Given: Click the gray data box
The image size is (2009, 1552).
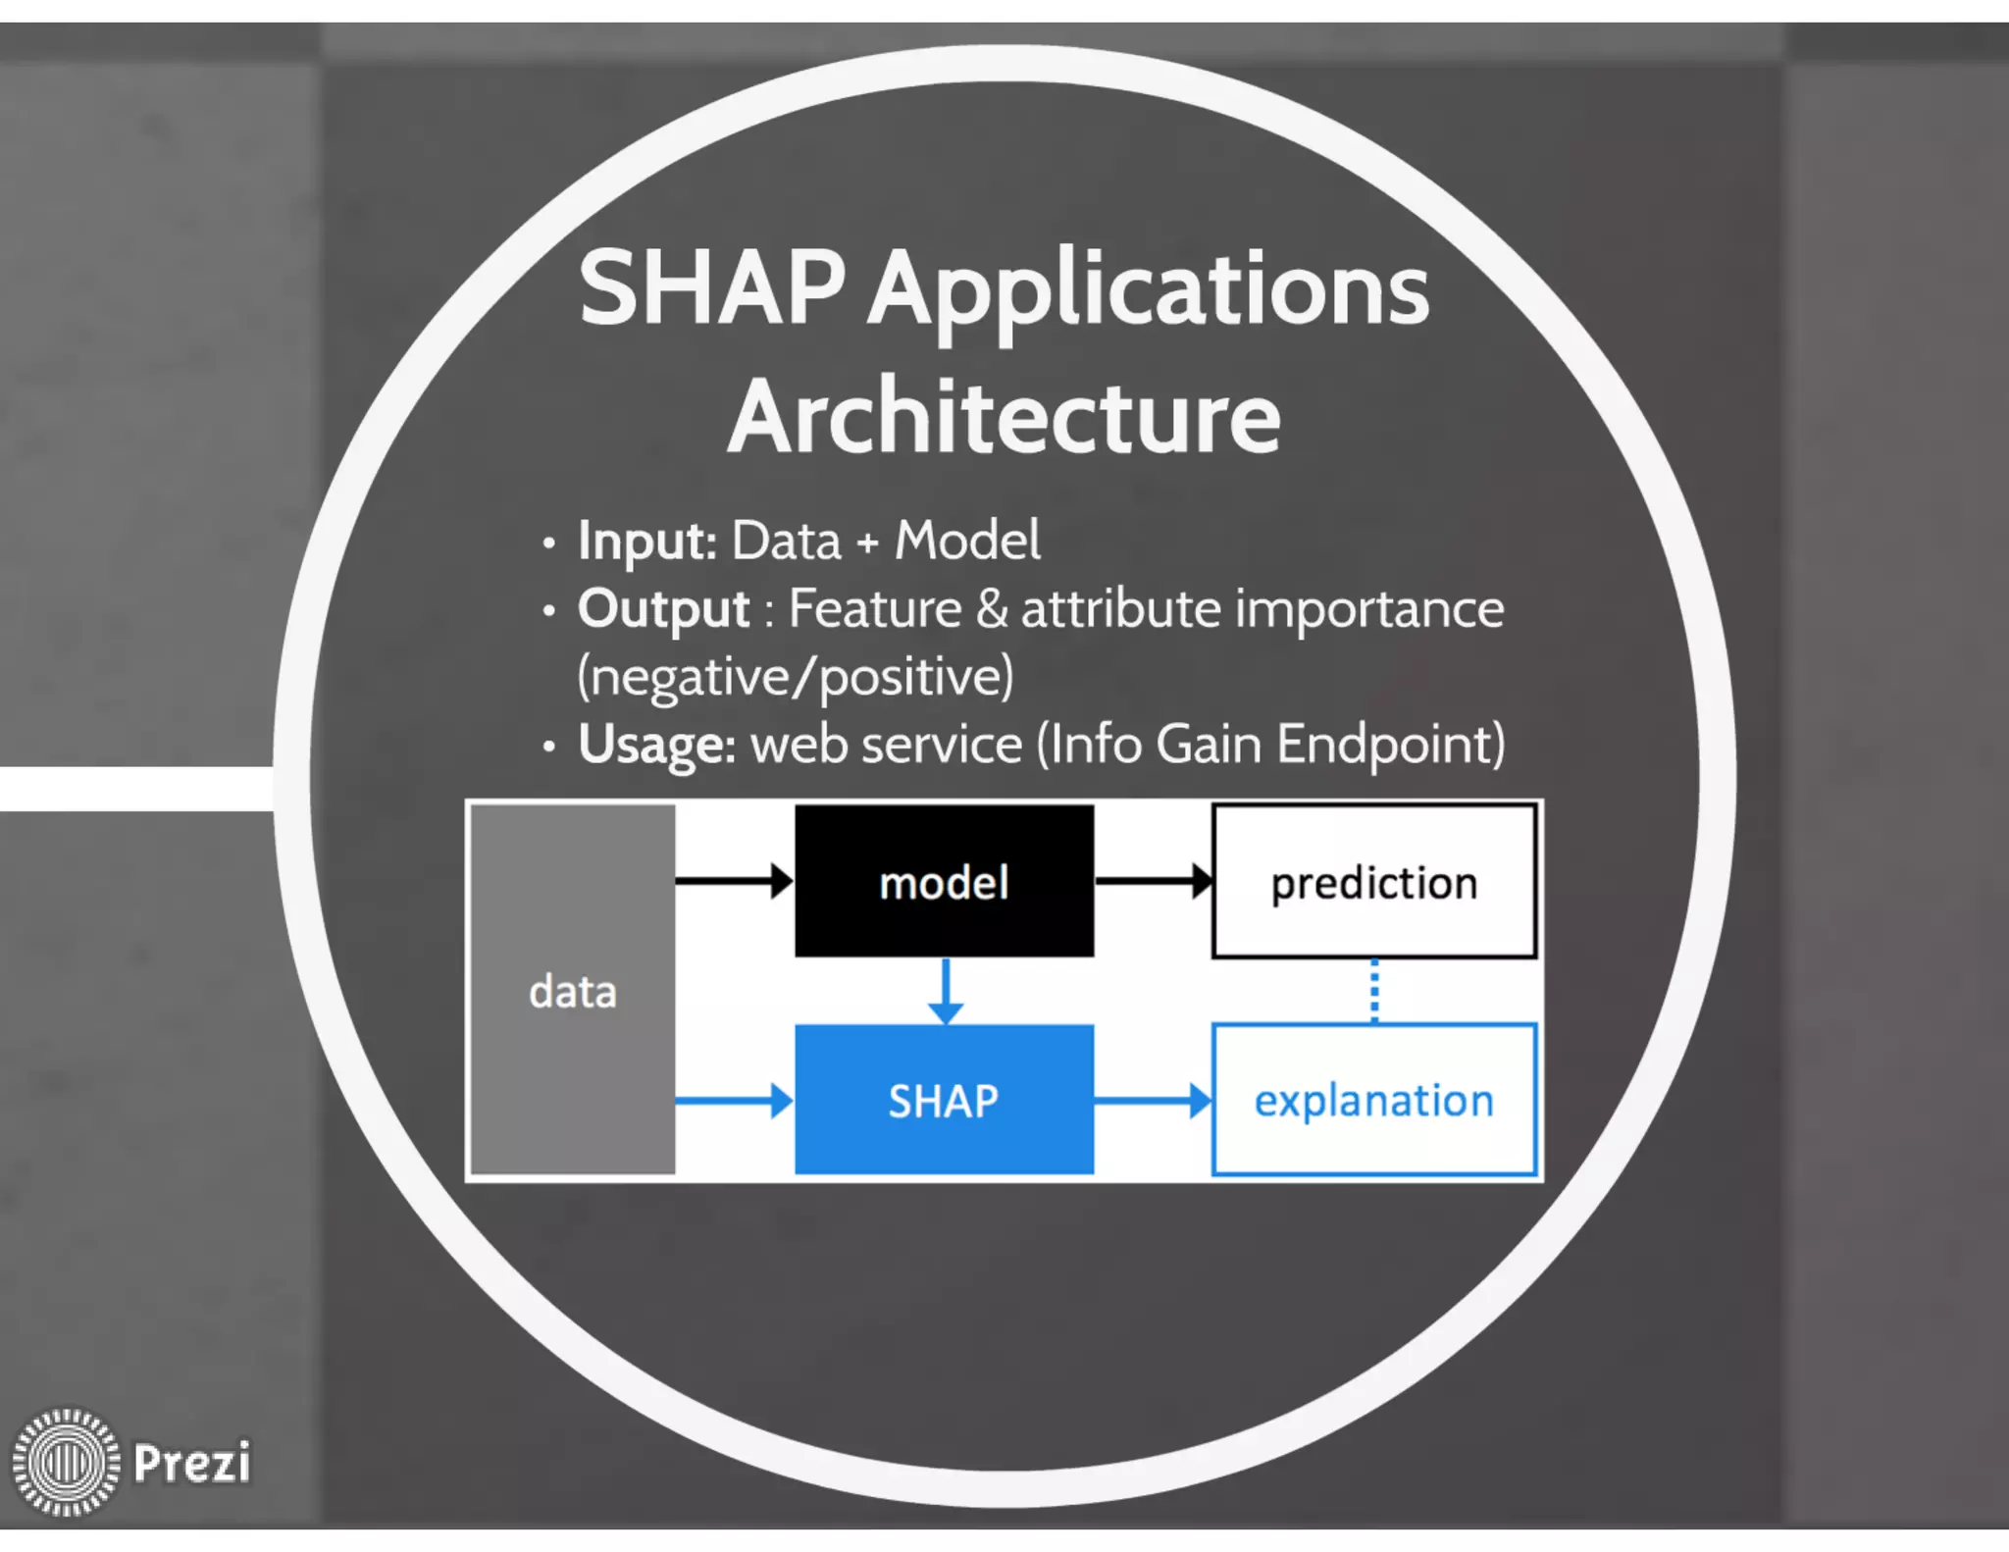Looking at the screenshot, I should tap(573, 989).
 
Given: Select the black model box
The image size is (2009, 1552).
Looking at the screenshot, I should tap(944, 881).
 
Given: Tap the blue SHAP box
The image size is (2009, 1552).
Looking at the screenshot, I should tap(944, 1100).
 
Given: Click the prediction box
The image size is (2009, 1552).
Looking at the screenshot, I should tap(1373, 881).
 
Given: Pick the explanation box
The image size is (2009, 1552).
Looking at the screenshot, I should tap(1373, 1100).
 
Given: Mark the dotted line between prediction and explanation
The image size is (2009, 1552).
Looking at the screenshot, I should tap(1373, 991).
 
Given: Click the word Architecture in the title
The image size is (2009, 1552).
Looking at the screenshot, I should tap(1004, 417).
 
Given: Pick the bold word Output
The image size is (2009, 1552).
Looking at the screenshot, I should tap(663, 609).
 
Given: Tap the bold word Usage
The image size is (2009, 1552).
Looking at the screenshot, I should tap(655, 745).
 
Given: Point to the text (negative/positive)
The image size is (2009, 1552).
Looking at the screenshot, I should tap(796, 677).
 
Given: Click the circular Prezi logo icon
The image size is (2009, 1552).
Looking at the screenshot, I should tap(66, 1462).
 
